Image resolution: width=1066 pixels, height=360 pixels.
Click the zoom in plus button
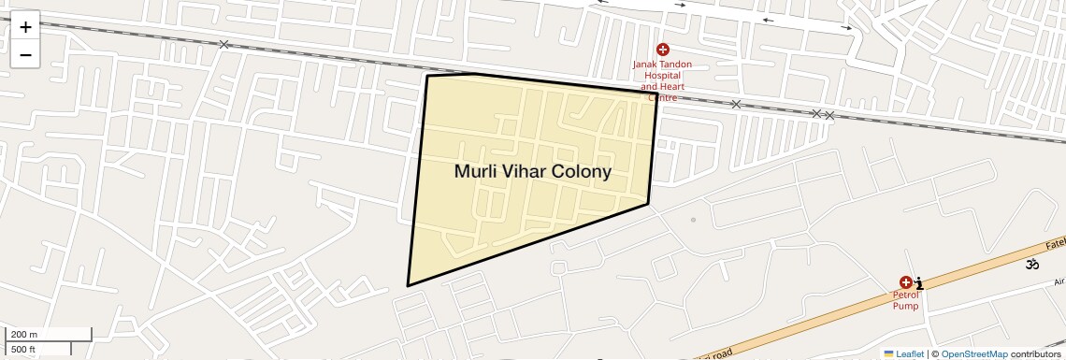click(25, 27)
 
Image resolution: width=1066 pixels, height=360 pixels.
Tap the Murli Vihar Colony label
click(532, 172)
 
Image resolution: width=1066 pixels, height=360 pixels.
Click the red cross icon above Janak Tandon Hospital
click(663, 49)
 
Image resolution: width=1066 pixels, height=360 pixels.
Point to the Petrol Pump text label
click(904, 300)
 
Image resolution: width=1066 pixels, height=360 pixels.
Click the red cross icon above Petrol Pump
click(905, 282)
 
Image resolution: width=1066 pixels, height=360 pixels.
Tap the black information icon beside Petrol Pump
click(920, 282)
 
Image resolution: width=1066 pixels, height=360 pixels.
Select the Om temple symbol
click(1032, 265)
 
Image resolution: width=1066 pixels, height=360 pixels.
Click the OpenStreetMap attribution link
click(973, 353)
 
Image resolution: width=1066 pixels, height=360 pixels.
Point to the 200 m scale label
click(25, 335)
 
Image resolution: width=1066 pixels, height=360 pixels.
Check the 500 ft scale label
click(23, 350)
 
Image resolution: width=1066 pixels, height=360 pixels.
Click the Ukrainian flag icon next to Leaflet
click(888, 353)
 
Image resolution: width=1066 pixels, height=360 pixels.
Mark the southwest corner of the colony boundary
click(408, 285)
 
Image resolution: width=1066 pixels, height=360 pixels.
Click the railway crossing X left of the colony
click(223, 44)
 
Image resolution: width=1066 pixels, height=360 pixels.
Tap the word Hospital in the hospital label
click(662, 76)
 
